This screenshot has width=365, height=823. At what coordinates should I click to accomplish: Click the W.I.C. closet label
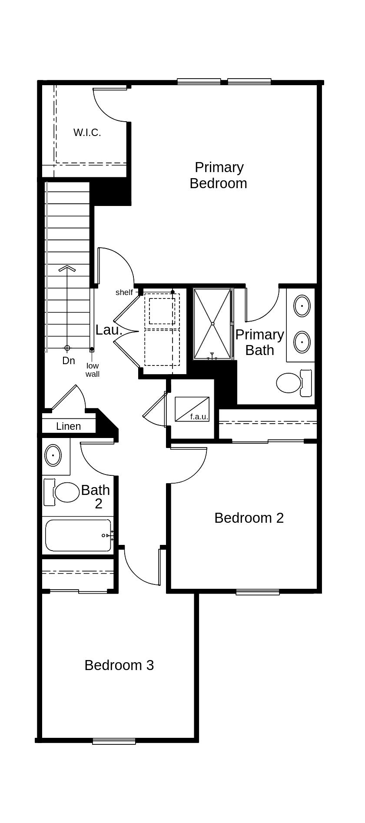click(87, 133)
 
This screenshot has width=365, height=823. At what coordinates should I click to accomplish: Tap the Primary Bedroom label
click(219, 175)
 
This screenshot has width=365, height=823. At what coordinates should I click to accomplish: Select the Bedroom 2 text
click(249, 518)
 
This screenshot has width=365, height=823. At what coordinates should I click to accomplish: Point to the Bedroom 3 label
click(119, 665)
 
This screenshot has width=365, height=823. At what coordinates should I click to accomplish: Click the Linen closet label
click(68, 426)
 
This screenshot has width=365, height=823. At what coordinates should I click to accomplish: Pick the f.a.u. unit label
click(199, 417)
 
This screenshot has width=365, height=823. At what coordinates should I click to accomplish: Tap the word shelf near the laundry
click(124, 292)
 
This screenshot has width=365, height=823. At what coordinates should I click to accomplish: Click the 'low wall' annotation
click(92, 370)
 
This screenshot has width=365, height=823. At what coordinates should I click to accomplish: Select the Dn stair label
click(68, 361)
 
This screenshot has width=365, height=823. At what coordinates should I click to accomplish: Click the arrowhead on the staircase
click(67, 269)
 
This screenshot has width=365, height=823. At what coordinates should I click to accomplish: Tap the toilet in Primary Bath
click(294, 382)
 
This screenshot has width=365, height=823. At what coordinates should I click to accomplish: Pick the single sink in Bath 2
click(53, 455)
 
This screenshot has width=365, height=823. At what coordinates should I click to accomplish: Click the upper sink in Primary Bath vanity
click(302, 305)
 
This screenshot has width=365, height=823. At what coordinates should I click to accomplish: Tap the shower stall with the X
click(212, 323)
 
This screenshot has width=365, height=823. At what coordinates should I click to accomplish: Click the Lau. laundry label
click(109, 330)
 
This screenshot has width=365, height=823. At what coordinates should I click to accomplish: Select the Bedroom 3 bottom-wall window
click(114, 741)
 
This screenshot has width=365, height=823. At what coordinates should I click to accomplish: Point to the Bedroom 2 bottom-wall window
click(257, 591)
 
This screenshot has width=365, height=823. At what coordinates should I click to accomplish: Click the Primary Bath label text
click(259, 342)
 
